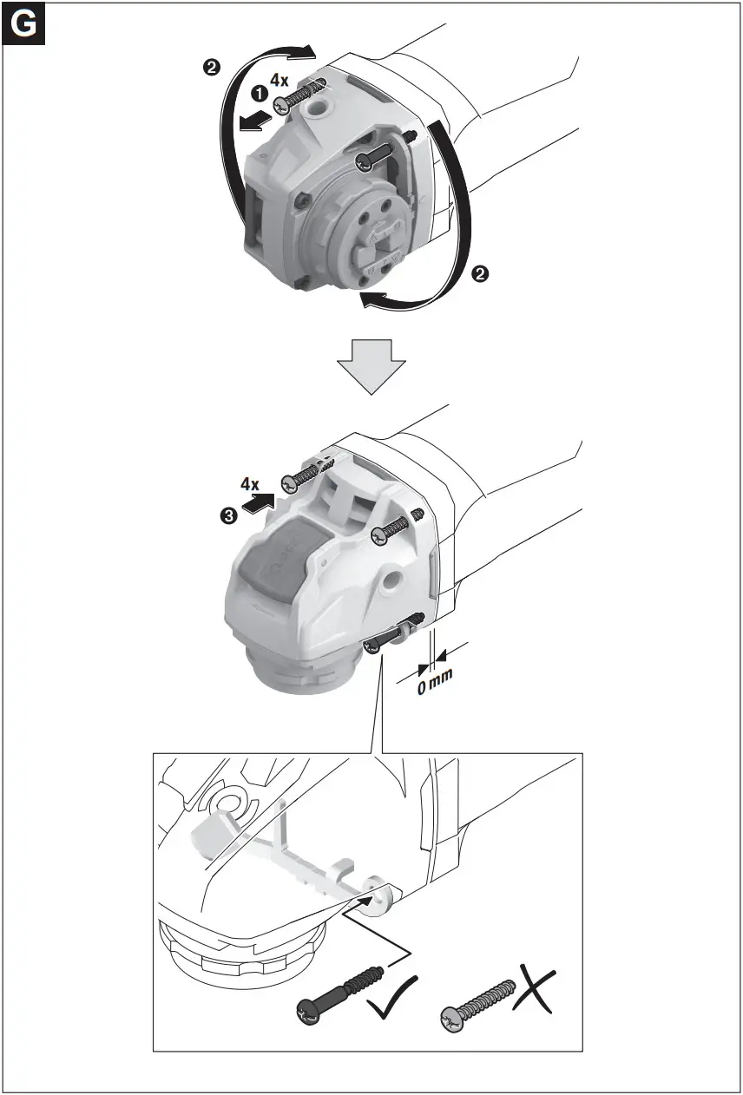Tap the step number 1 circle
pos(259,92)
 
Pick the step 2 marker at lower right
pos(478,274)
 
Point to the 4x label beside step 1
pos(279,80)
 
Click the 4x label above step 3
pos(250,483)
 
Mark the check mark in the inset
pos(391,1001)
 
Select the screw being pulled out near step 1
pos(297,96)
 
